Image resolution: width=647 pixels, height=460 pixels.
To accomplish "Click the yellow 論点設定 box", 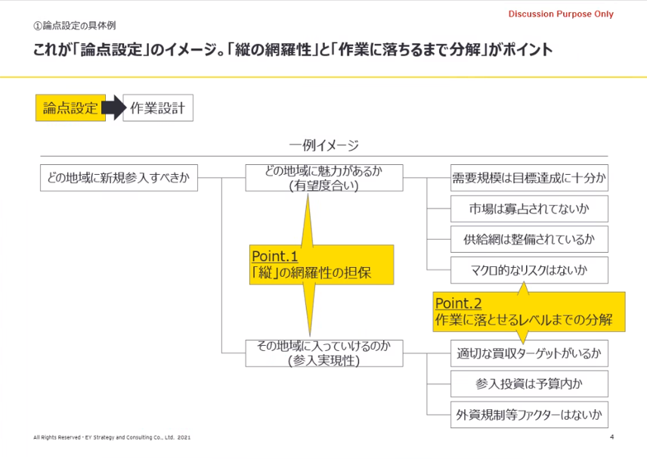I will tap(70, 108).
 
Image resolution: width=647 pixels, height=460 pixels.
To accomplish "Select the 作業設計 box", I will tap(157, 108).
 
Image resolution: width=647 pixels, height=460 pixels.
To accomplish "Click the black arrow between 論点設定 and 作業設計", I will tap(112, 108).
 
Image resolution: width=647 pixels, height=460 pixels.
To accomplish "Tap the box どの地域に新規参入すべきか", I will tap(119, 179).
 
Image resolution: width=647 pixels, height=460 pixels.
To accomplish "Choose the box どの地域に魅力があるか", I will tap(323, 178).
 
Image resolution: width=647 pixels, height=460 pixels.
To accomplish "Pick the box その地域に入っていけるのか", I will tap(323, 353).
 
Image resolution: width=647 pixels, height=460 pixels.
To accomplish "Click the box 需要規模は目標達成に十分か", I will tap(529, 179).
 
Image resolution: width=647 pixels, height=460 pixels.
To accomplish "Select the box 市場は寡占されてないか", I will tap(529, 208).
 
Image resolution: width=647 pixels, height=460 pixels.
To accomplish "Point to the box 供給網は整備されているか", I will tap(529, 239).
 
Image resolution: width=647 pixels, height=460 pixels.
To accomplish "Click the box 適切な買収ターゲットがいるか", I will tap(529, 353).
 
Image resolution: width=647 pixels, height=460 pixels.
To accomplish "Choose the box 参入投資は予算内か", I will tap(529, 384).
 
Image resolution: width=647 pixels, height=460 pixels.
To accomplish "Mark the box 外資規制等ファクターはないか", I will tap(529, 414).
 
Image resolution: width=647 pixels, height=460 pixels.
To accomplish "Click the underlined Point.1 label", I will tap(274, 257).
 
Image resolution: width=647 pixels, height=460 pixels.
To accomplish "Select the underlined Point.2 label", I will tap(458, 303).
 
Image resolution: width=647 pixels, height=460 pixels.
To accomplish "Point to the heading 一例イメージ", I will tap(323, 145).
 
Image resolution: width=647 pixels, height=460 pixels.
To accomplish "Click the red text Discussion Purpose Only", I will tap(560, 14).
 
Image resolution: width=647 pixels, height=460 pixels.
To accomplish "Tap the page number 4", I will tap(611, 437).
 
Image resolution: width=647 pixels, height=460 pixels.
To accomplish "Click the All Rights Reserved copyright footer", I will tap(113, 438).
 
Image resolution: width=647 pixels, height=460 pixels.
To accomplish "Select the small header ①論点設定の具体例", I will tap(73, 26).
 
